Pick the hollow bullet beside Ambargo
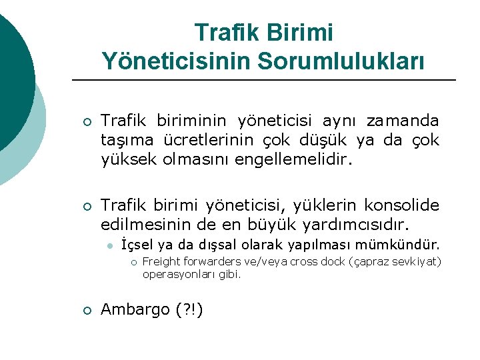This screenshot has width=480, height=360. pyautogui.click(x=87, y=309)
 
